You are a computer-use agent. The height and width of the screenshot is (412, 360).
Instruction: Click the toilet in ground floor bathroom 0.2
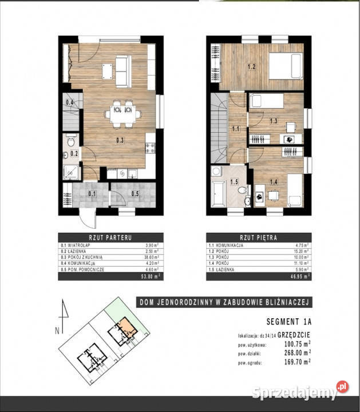click(x=70, y=141)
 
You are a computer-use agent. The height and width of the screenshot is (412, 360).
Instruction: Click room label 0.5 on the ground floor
click(x=135, y=193)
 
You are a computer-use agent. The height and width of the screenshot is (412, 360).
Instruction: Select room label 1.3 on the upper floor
click(x=274, y=121)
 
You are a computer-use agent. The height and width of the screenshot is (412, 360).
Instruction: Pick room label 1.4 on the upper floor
click(x=274, y=182)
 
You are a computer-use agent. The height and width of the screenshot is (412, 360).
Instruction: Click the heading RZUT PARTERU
click(x=110, y=236)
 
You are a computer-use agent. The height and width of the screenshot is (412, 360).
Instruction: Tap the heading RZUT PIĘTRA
click(x=258, y=236)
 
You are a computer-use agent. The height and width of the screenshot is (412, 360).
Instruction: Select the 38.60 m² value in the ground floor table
click(x=149, y=259)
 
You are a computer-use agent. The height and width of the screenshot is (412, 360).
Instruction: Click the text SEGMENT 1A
click(x=289, y=322)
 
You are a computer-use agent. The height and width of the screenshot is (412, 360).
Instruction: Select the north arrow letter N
click(x=57, y=330)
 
